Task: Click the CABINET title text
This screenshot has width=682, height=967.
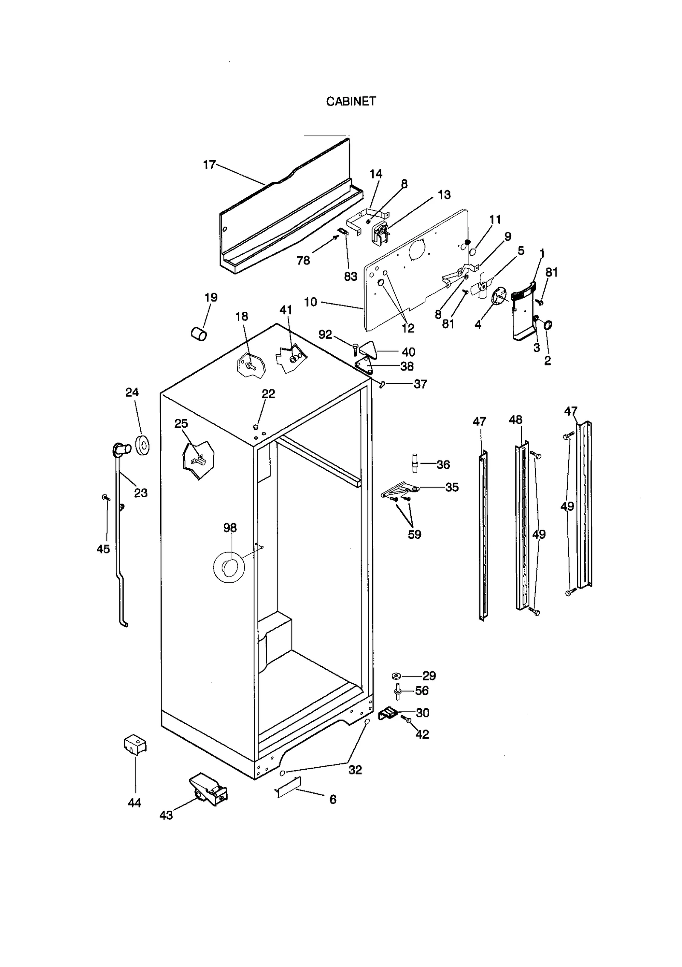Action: pyautogui.click(x=351, y=101)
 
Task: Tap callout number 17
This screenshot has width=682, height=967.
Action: pyautogui.click(x=209, y=165)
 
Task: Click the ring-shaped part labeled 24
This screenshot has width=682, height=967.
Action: pyautogui.click(x=142, y=445)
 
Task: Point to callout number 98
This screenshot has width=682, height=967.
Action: pyautogui.click(x=230, y=528)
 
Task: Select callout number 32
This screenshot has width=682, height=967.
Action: pyautogui.click(x=355, y=770)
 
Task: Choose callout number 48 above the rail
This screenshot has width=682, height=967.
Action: pyautogui.click(x=515, y=420)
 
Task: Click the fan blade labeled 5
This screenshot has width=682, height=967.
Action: pyautogui.click(x=485, y=287)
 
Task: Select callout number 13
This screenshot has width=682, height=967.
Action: pyautogui.click(x=444, y=195)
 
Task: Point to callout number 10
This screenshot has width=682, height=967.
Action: pyautogui.click(x=310, y=302)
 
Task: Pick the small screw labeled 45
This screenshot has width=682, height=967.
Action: pyautogui.click(x=105, y=497)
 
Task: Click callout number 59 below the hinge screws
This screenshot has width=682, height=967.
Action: pyautogui.click(x=414, y=534)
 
